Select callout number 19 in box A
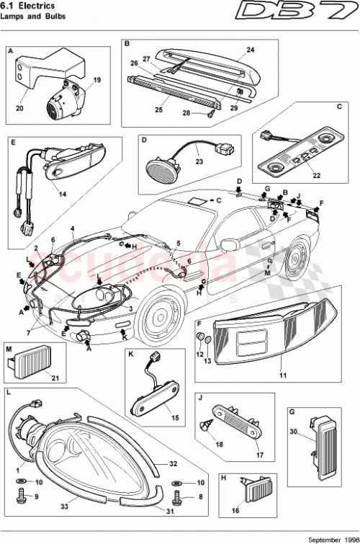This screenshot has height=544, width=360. point(96,81)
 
